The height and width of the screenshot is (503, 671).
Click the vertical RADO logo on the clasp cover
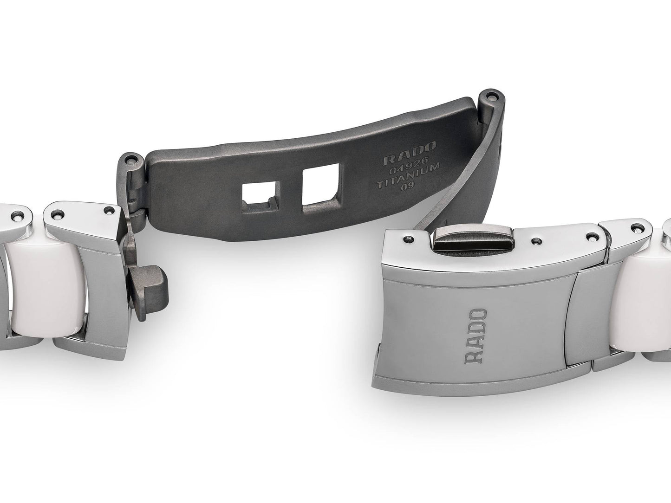(476, 336)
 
